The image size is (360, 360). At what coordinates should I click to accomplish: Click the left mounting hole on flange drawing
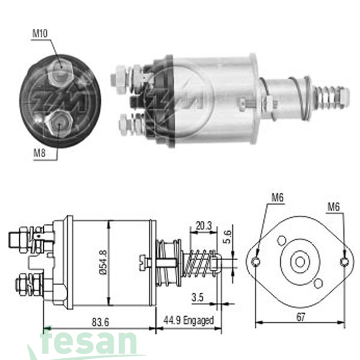[x=256, y=262]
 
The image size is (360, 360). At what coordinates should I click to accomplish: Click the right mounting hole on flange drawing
[x=344, y=262]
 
